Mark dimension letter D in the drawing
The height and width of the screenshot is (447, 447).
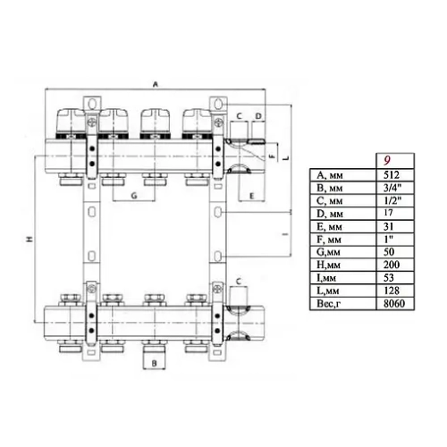pos(257,116)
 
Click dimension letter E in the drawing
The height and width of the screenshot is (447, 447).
pos(251,194)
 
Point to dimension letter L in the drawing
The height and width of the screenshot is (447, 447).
pos(283,158)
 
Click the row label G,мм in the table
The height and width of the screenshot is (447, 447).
pos(327,253)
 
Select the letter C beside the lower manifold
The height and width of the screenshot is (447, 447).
pos(239,281)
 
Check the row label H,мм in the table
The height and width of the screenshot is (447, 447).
pos(327,266)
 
